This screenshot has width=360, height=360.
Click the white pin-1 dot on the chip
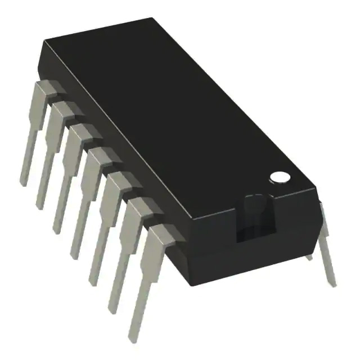pyautogui.click(x=279, y=177)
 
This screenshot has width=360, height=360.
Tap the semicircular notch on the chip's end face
pyautogui.click(x=256, y=206)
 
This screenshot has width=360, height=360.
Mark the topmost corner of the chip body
pyautogui.click(x=153, y=18)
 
